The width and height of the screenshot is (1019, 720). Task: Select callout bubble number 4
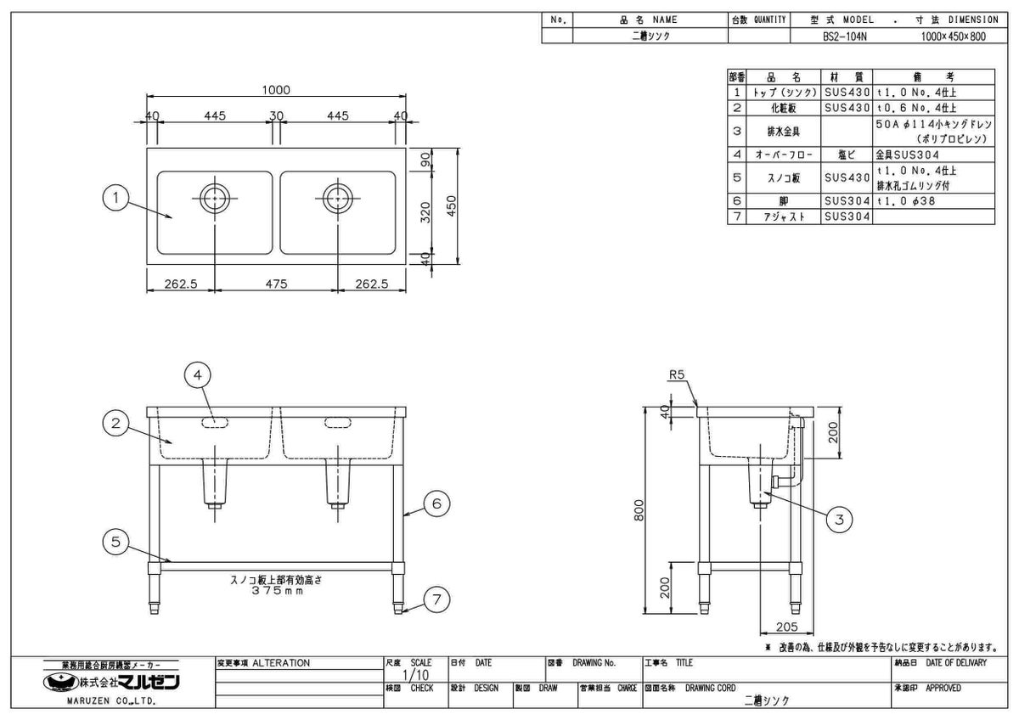(197, 374)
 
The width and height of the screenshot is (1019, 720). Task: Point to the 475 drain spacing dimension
(276, 285)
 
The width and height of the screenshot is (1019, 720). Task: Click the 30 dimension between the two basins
(276, 116)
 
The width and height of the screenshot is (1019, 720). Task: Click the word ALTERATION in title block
(281, 663)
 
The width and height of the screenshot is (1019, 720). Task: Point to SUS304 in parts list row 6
(847, 202)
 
